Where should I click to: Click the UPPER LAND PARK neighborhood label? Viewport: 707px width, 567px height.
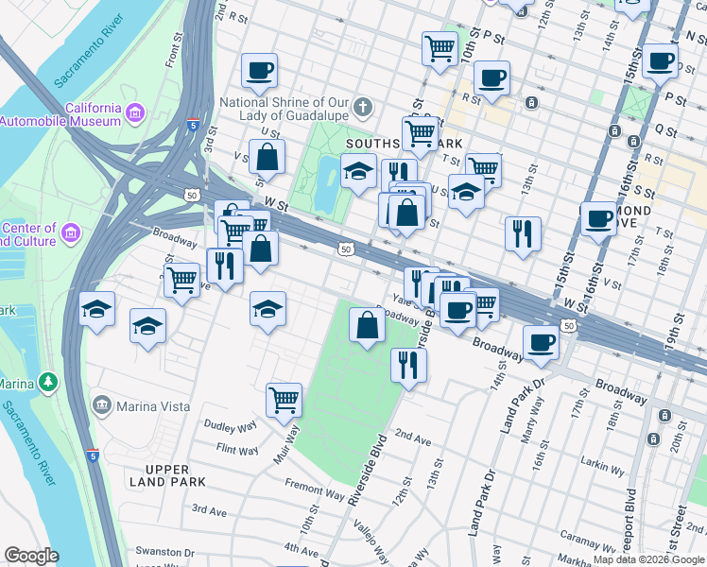tap(168, 475)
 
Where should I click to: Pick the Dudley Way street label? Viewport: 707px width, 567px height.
tap(231, 427)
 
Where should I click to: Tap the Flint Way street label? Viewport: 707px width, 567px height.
tap(237, 451)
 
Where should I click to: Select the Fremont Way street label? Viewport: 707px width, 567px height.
tap(315, 491)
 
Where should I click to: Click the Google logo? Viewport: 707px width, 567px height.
tap(32, 556)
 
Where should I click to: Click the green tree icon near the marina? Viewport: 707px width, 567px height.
tap(46, 383)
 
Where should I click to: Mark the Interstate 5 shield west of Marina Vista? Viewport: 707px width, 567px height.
tap(92, 455)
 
